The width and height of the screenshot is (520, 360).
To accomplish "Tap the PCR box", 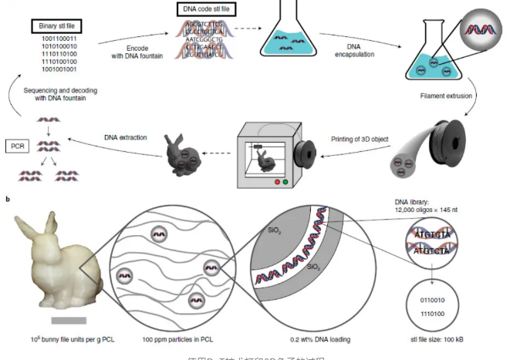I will tap(17, 143).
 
